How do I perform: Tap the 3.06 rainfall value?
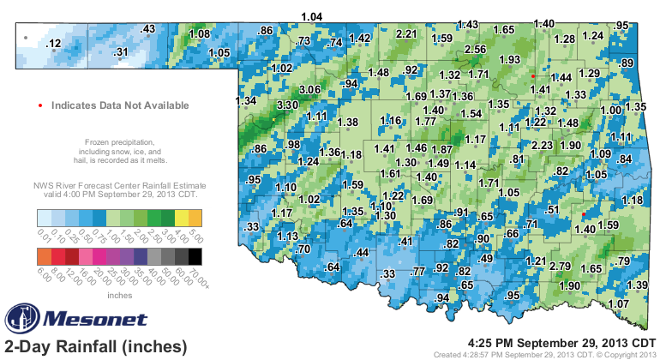pyautogui.click(x=309, y=89)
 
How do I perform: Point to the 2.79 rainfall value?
pyautogui.click(x=561, y=266)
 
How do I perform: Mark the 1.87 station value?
pyautogui.click(x=441, y=149)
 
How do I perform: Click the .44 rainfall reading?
pyautogui.click(x=362, y=252)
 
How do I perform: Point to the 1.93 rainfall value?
pyautogui.click(x=510, y=59)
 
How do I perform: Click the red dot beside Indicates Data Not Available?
pyautogui.click(x=40, y=105)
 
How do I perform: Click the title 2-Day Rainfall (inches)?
pyautogui.click(x=95, y=346)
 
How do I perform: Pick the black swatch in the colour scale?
pyautogui.click(x=195, y=255)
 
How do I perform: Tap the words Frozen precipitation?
pyautogui.click(x=119, y=141)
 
